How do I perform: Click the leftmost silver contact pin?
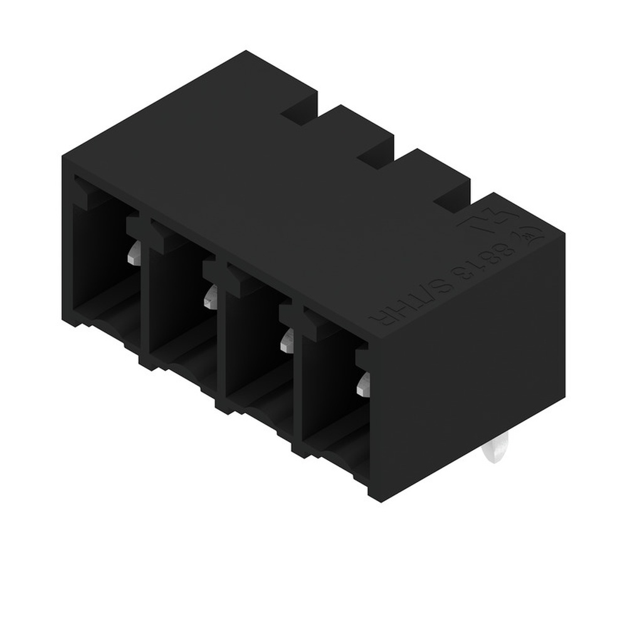click(134, 253)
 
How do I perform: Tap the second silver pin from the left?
click(211, 297)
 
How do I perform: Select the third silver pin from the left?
click(287, 341)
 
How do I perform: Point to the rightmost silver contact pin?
click(363, 384)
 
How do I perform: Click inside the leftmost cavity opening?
click(100, 263)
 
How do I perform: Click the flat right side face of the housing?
click(467, 364)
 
